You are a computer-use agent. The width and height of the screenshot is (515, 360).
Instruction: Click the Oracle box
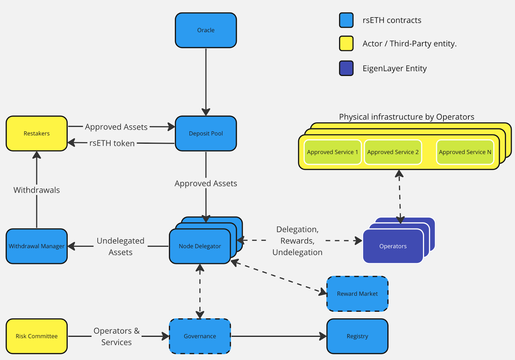coord(206,30)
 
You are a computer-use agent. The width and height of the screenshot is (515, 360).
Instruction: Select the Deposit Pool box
coord(206,133)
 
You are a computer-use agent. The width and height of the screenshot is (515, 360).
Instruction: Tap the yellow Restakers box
coord(37,133)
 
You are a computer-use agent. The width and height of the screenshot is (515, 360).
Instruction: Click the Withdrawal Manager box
coord(37,246)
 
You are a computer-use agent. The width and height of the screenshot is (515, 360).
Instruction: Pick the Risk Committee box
coord(37,336)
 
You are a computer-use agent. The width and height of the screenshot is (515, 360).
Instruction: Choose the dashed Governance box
coord(200,336)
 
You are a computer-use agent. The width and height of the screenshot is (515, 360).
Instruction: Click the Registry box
coord(357,336)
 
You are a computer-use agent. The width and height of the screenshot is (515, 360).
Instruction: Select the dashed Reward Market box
coord(357,294)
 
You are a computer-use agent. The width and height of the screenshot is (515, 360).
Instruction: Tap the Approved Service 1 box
coord(332,152)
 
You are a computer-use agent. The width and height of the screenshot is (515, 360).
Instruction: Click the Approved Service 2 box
coord(393,152)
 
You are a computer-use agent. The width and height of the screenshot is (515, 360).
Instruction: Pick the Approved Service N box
coord(465,152)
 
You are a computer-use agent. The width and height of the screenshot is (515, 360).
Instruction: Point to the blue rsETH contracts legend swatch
coord(346,20)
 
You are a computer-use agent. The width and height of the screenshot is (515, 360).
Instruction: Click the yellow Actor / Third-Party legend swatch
coord(346,43)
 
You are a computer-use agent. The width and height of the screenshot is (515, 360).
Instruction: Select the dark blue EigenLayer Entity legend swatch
coord(346,68)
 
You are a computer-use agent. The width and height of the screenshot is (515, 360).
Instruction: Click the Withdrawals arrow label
coord(37,190)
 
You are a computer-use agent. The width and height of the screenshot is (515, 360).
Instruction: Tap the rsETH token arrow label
coord(112,143)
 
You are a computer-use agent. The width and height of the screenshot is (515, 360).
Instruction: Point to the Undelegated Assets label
coord(120,246)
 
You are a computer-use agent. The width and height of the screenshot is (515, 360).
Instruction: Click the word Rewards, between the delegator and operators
coord(297,241)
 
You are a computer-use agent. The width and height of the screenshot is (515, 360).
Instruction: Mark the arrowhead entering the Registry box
coord(323,336)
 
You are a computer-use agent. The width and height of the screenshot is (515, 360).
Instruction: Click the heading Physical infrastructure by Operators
coord(407,117)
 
